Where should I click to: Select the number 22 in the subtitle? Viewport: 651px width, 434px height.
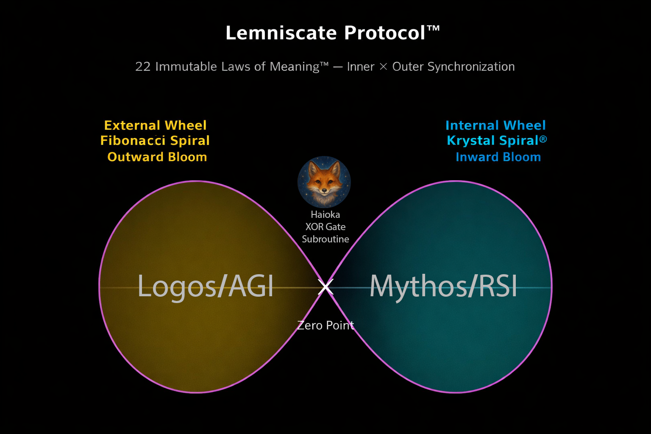tap(143, 67)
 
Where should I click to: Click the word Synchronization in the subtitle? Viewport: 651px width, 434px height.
tap(471, 67)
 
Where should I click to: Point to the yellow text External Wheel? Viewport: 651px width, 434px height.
tap(155, 125)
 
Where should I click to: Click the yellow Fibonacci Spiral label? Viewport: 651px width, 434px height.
tap(155, 141)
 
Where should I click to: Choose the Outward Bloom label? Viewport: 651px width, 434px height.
tap(157, 157)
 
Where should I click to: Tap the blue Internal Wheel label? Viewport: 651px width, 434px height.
tap(495, 125)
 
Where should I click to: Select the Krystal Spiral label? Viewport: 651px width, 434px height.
tap(492, 141)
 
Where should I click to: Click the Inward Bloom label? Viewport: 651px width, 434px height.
tap(498, 157)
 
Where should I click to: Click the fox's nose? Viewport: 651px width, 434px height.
tap(324, 190)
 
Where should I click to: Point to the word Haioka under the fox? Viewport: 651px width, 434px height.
tap(325, 214)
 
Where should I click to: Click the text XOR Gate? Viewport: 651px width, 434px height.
tap(325, 227)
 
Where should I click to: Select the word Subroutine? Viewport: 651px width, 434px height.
tap(325, 239)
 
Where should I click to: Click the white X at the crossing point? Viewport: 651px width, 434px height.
tap(325, 287)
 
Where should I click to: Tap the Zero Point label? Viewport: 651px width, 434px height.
tap(325, 325)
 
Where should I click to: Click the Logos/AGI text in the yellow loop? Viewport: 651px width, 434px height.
tap(206, 286)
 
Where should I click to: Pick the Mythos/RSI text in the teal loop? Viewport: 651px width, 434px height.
tap(443, 286)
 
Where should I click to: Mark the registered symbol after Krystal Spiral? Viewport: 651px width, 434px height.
tap(543, 139)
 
